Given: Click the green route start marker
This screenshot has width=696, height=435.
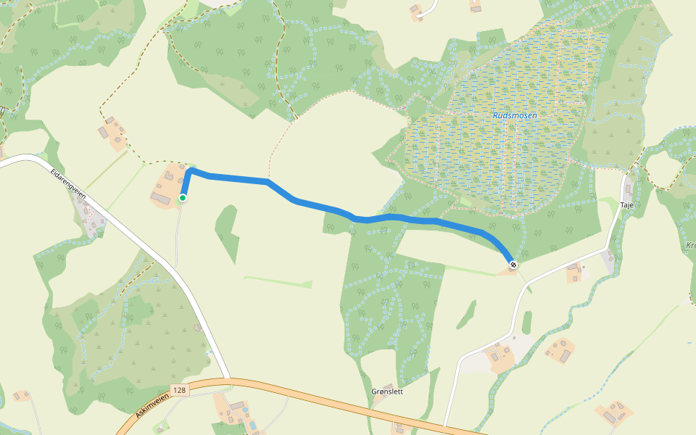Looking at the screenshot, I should pos(183,198).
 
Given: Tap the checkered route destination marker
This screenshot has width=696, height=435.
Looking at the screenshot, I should pos(513,265).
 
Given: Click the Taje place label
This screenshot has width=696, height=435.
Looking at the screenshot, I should pos(626,206).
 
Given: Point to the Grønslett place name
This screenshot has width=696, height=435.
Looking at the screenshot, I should pos(386,392).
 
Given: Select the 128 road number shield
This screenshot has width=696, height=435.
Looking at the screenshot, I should pos(181,390).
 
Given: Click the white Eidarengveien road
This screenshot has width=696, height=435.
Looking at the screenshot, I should pos(145,246).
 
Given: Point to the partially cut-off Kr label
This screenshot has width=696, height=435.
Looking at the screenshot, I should pos(689,246).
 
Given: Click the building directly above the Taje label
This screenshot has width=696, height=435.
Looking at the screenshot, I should pos(627,190).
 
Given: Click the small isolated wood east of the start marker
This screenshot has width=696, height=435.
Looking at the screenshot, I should pos(228,232).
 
